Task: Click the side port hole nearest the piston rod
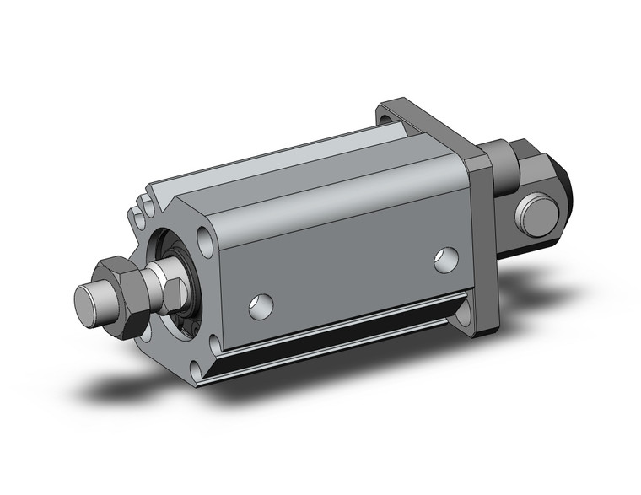point(261,306)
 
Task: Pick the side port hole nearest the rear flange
point(446,260)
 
